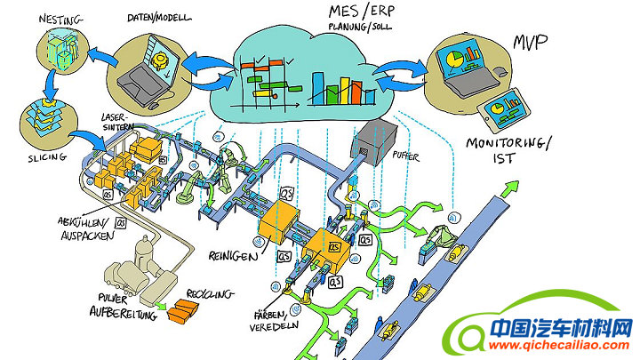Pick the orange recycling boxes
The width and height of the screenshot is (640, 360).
185,308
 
